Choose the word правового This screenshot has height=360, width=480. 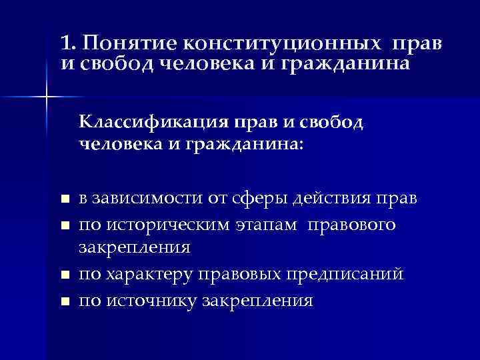click(351, 225)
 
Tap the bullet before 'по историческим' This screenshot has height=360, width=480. click(64, 225)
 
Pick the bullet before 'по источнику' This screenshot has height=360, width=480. click(64, 301)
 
